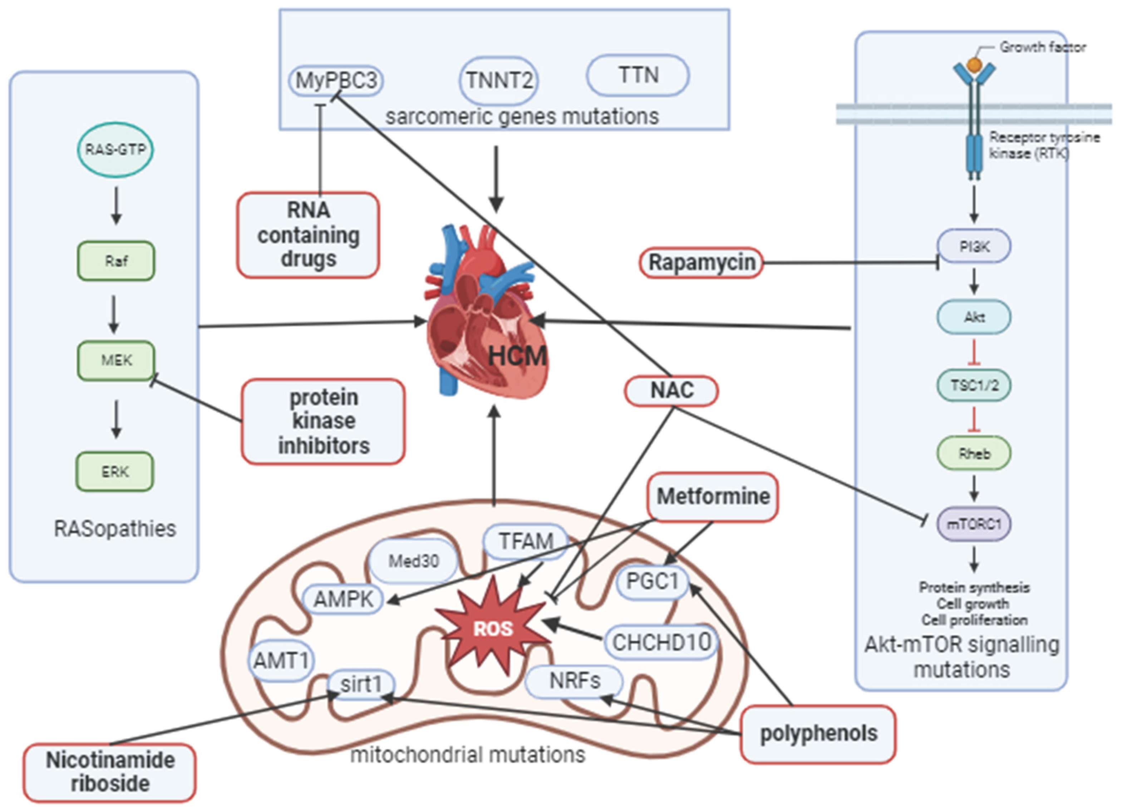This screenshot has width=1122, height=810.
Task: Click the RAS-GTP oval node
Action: tap(115, 149)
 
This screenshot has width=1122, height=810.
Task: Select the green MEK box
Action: tap(116, 360)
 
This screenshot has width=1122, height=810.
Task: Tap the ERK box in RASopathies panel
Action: tap(115, 472)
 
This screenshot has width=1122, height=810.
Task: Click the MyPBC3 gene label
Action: tap(336, 80)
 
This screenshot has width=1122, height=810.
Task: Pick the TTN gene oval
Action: tap(638, 75)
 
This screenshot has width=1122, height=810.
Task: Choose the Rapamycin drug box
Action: tap(702, 263)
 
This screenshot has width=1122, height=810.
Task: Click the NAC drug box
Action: tap(671, 391)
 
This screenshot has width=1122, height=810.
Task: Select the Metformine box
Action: tap(712, 497)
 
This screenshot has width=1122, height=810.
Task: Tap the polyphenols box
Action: tap(818, 734)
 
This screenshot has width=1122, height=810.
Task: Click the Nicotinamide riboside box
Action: tap(110, 772)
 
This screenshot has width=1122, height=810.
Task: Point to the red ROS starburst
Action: tap(493, 628)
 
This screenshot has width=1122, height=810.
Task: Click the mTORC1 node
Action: tap(974, 524)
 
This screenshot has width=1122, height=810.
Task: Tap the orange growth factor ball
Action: tap(974, 65)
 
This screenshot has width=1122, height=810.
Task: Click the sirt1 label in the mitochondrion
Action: tap(361, 685)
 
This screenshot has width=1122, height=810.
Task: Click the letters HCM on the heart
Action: tap(517, 356)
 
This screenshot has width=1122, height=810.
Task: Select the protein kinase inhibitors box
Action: tap(324, 421)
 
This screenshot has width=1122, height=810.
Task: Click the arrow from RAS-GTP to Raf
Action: tap(116, 205)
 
